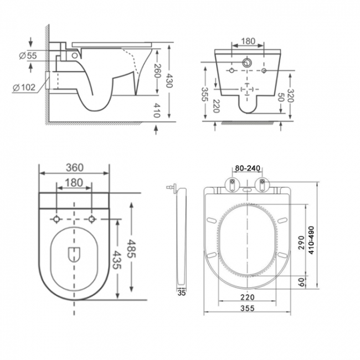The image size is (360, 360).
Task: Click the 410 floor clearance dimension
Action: coord(157,111)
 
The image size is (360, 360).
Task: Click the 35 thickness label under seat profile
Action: coord(181,294)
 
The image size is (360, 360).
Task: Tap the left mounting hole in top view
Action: coord(56,220)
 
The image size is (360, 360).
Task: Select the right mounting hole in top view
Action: coord(92,220)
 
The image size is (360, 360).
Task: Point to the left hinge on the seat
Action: coord(232,183)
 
